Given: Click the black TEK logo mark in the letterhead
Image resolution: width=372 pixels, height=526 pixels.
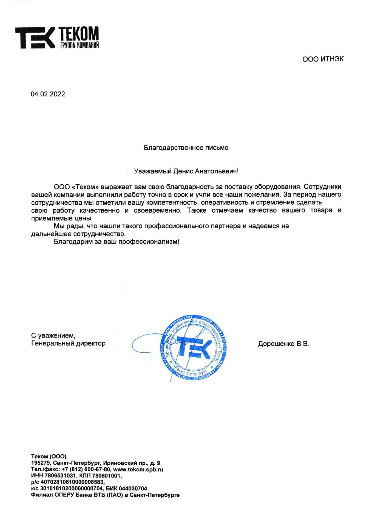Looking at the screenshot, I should pyautogui.click(x=35, y=38).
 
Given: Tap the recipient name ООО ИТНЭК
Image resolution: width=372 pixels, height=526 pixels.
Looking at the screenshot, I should pyautogui.click(x=323, y=59).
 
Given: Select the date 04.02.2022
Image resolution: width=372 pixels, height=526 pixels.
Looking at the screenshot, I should pyautogui.click(x=48, y=94).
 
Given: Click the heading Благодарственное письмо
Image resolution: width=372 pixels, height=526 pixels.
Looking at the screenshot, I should pyautogui.click(x=186, y=148).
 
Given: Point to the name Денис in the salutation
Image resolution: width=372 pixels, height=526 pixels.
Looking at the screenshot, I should pyautogui.click(x=183, y=171).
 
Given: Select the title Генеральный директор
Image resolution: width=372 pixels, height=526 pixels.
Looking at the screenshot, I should pyautogui.click(x=68, y=344).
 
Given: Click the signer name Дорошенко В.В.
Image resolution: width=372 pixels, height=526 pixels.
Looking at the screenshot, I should pyautogui.click(x=283, y=344).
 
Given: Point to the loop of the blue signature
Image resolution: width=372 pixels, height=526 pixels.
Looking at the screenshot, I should pyautogui.click(x=143, y=343).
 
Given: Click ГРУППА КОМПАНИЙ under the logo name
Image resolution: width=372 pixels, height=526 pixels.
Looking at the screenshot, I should pyautogui.click(x=79, y=45).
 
